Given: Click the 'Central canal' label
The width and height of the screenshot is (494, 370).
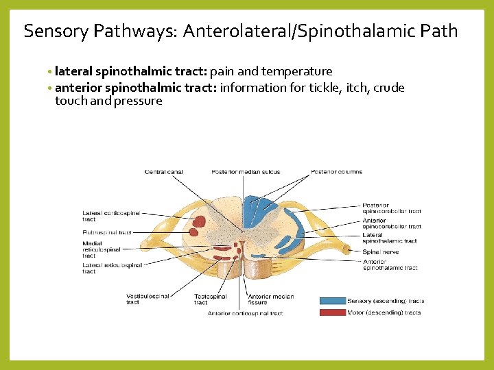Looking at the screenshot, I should click(x=164, y=172).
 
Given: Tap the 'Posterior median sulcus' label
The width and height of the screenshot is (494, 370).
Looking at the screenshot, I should click(x=246, y=172).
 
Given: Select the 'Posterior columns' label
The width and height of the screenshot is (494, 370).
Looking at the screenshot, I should click(x=336, y=172).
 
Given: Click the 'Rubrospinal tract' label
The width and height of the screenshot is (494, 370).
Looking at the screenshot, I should click(x=107, y=233).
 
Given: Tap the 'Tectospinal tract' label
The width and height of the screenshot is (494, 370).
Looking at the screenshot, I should click(x=210, y=299).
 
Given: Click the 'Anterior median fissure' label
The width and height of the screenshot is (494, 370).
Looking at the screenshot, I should click(x=270, y=299).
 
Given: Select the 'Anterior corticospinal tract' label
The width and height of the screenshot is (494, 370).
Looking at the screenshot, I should click(x=245, y=314).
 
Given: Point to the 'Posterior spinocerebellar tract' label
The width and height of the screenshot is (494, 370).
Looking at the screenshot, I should click(x=391, y=208).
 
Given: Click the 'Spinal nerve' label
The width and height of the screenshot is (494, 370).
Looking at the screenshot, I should click(x=380, y=252).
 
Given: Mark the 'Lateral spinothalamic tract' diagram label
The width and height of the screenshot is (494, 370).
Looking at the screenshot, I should click(x=389, y=238).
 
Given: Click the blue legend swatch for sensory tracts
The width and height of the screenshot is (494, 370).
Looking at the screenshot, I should click(x=332, y=301).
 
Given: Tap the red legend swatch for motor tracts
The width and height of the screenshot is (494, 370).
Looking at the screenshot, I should click(x=332, y=312).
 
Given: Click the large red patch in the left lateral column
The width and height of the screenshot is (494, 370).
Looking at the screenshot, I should click(x=200, y=221).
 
